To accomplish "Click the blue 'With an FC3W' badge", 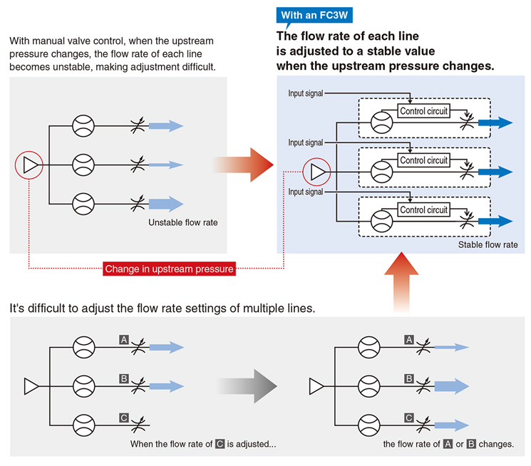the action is [x=314, y=15].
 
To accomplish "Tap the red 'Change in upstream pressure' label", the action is [x=169, y=269].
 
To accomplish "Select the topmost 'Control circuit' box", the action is [x=423, y=110].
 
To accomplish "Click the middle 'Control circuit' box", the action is [x=423, y=160].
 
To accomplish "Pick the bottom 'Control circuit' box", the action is [x=423, y=209].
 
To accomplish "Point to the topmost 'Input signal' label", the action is [x=306, y=93].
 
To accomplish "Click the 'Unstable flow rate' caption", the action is [x=183, y=222].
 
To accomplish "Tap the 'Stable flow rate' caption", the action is [x=488, y=244].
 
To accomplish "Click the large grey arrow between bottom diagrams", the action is [x=247, y=386].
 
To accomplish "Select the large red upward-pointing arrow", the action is [x=402, y=281].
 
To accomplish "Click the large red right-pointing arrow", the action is [x=243, y=165].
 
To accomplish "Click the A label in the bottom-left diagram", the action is [x=124, y=340].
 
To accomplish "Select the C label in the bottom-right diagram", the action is [x=409, y=418].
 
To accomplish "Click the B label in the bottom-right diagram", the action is [x=409, y=378].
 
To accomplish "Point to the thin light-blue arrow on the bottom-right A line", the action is [x=452, y=347].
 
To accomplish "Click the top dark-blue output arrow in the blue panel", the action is [x=495, y=123].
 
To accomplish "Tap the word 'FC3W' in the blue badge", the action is [x=333, y=15].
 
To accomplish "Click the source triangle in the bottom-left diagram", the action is [x=31, y=386].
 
